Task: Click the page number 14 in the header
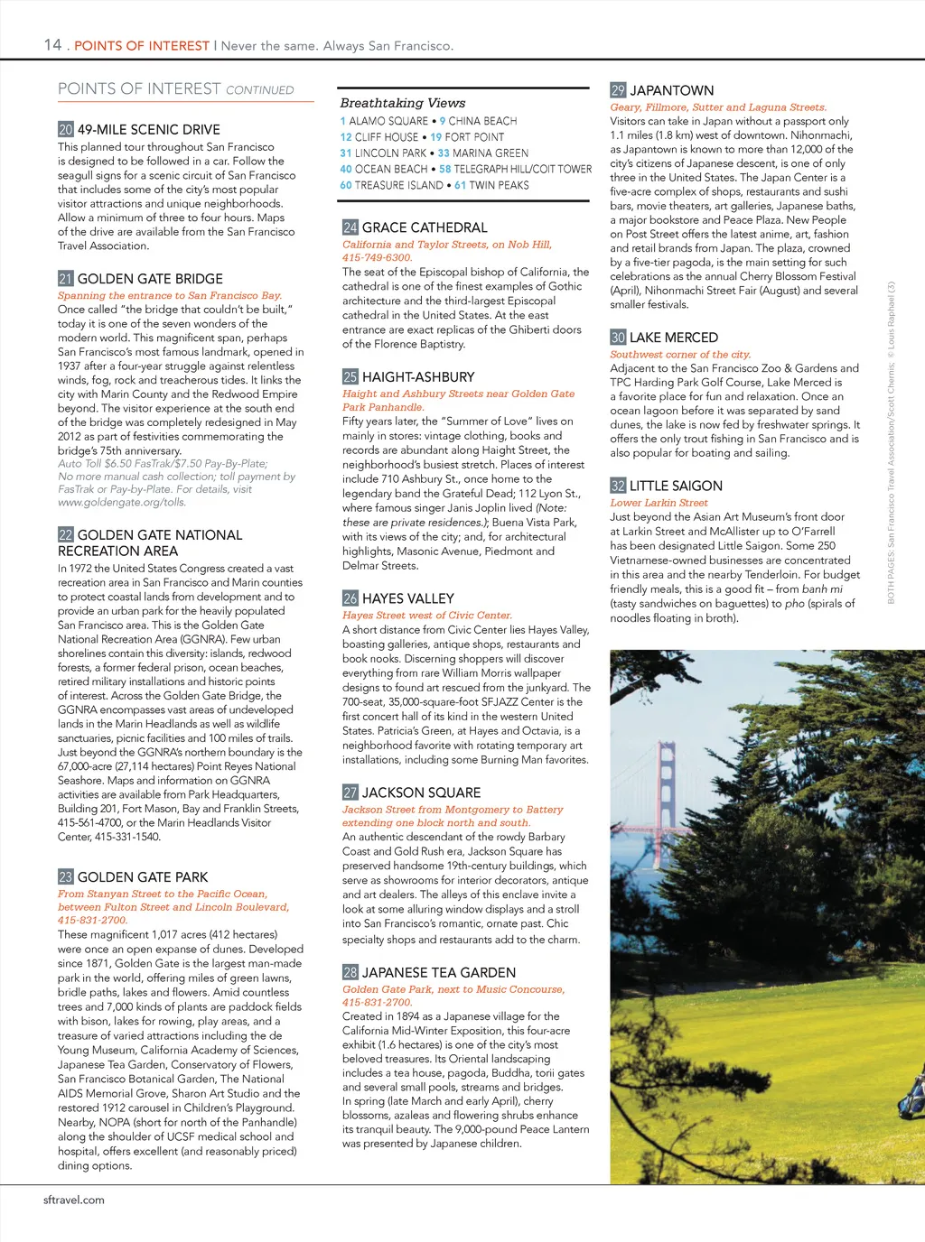(x=52, y=44)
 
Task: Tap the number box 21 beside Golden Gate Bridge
(x=65, y=279)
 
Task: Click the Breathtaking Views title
(x=403, y=103)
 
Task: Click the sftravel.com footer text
(x=74, y=1200)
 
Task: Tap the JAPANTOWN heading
(x=671, y=90)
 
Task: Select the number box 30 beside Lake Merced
(x=618, y=338)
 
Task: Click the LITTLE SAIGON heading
(x=676, y=486)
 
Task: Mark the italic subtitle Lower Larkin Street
(x=659, y=503)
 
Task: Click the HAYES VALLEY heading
(x=407, y=598)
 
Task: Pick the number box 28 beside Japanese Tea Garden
(x=350, y=972)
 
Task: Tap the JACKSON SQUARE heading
(x=421, y=792)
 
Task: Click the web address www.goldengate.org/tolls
(x=122, y=502)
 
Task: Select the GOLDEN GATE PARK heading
(x=142, y=877)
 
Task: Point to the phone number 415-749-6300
(x=377, y=257)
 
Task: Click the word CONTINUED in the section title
(x=260, y=90)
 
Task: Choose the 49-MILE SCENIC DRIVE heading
(x=148, y=130)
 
